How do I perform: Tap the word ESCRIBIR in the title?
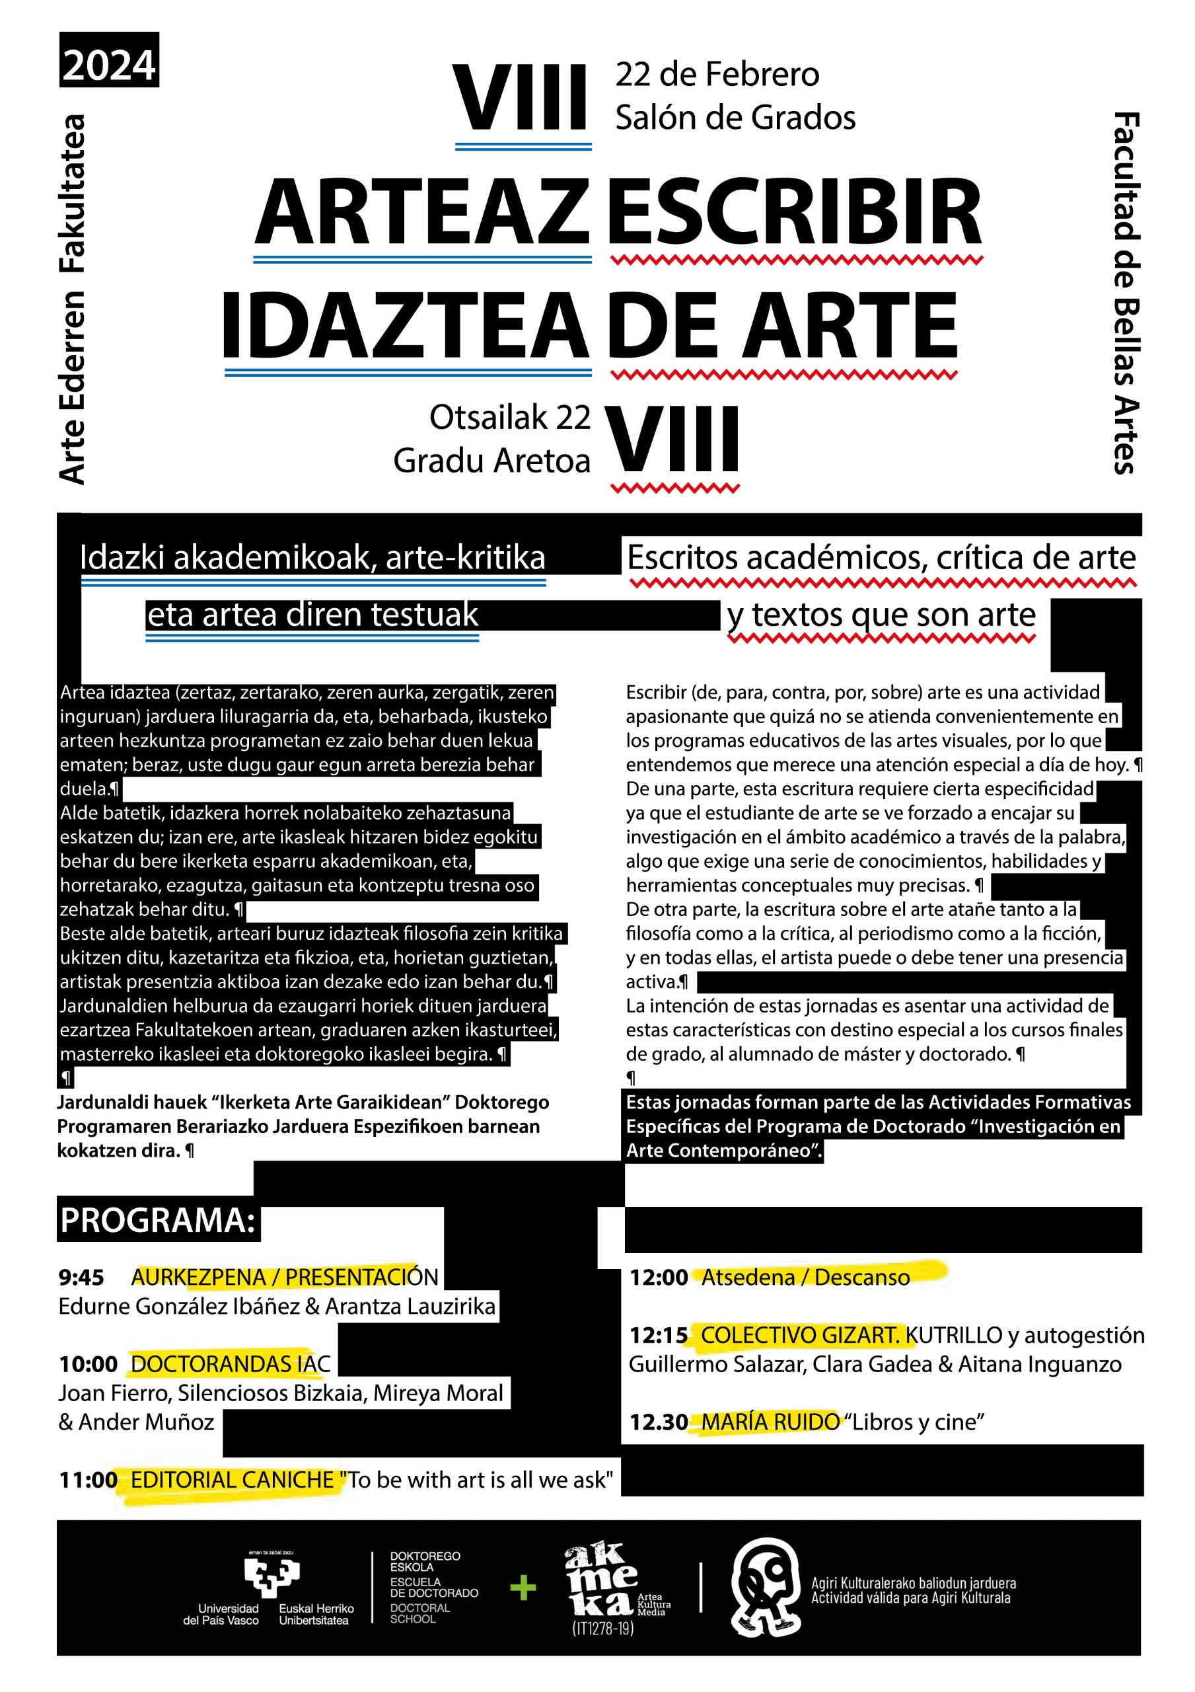794,212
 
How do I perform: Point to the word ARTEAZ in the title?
423,212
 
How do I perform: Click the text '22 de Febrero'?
717,75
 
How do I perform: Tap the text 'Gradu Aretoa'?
491,461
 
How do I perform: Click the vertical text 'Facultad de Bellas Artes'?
1126,293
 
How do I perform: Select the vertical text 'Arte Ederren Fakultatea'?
73,299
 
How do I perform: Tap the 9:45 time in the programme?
81,1276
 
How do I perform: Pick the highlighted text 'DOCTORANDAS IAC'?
231,1364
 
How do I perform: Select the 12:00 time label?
658,1277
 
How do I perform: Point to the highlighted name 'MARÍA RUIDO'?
770,1422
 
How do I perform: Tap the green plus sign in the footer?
523,1588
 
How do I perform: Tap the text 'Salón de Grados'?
735,118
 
